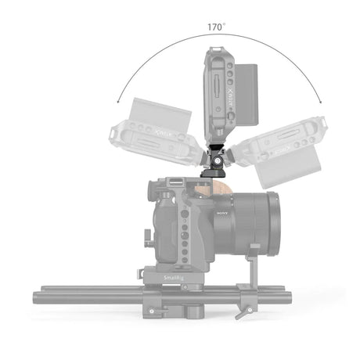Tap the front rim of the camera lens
pyautogui.click(x=275, y=218)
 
